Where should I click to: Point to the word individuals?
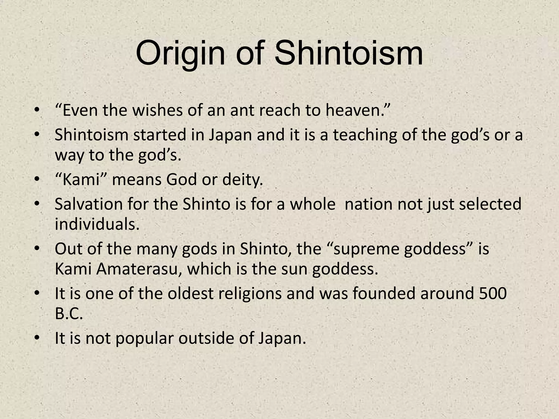(x=97, y=224)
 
